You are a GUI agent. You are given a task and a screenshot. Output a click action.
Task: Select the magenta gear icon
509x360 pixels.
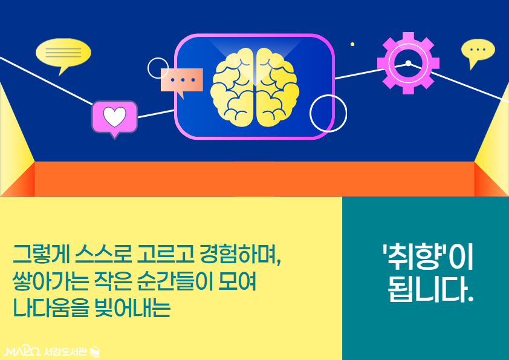coord(408,63)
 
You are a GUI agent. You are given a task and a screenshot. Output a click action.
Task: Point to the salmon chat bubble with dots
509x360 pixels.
coord(181,81)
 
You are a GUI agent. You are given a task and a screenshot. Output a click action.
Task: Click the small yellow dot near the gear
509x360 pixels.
coord(352,44)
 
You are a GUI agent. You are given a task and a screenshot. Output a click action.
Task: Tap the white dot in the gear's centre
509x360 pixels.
coord(408,63)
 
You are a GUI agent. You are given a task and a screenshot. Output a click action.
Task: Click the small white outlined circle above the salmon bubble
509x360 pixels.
coord(158,68)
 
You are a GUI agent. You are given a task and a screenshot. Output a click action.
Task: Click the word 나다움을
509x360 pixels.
coord(50,308)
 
